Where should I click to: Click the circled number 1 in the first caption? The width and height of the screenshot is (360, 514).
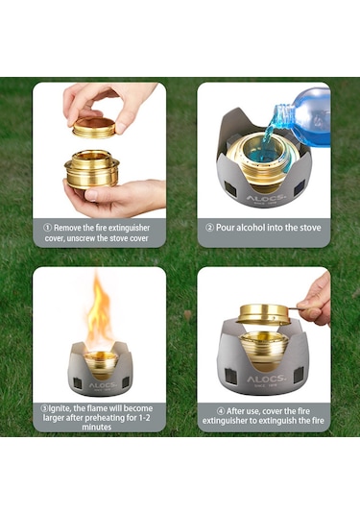pyautogui.click(x=47, y=228)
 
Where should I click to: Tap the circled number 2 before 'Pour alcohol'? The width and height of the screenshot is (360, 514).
pyautogui.click(x=209, y=228)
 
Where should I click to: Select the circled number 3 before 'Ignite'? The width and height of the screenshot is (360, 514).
pyautogui.click(x=44, y=408)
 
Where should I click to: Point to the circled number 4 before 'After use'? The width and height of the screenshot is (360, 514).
pyautogui.click(x=221, y=411)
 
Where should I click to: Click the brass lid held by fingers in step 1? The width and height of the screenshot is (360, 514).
pyautogui.click(x=94, y=127)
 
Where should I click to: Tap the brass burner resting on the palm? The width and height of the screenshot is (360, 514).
pyautogui.click(x=92, y=169)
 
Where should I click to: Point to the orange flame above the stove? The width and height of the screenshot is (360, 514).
pyautogui.click(x=99, y=313)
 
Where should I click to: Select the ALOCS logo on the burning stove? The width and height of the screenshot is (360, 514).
pyautogui.click(x=102, y=385)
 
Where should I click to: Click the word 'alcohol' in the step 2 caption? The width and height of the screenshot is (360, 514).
pyautogui.click(x=251, y=228)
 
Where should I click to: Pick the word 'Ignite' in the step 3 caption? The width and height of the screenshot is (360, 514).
pyautogui.click(x=60, y=408)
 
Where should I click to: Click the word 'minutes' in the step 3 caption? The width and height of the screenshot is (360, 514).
pyautogui.click(x=97, y=428)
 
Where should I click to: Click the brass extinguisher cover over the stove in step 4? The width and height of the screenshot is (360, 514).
pyautogui.click(x=263, y=314)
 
